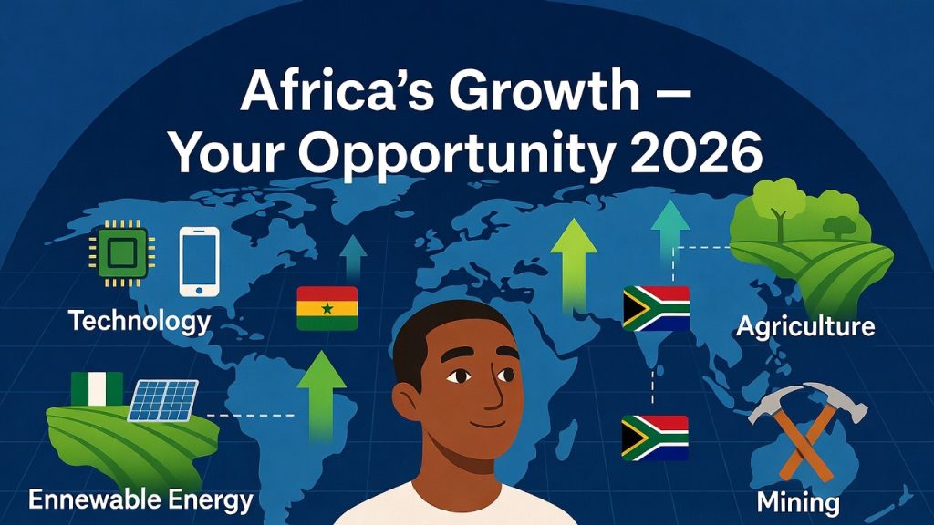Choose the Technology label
click(x=140, y=321)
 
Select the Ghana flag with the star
click(x=327, y=308)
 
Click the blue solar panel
click(x=161, y=400)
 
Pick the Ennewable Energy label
click(x=140, y=499)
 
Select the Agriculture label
click(x=805, y=326)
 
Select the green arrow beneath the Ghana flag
click(x=321, y=396)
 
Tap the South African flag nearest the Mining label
click(x=655, y=437)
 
